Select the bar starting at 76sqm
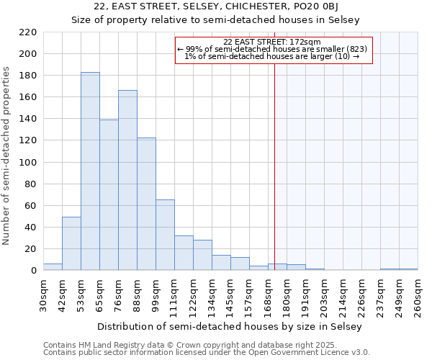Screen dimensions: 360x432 point(127,180)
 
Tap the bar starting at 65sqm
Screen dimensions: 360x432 point(109,194)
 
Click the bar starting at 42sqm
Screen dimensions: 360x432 point(71,243)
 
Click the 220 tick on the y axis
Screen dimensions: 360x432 point(28,32)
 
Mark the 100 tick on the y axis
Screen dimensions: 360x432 point(28,163)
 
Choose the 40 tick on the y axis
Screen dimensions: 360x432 point(31,228)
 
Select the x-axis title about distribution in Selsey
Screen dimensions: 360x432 point(230,327)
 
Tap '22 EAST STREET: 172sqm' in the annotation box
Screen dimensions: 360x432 point(273,42)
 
